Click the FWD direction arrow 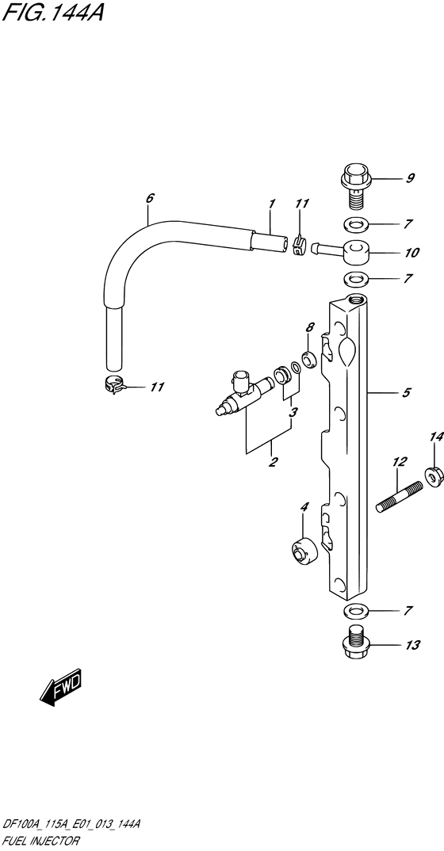[x=61, y=686]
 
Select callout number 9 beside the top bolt [x=411, y=178]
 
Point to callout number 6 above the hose [x=150, y=198]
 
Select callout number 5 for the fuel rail [x=407, y=392]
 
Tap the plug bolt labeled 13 [x=355, y=643]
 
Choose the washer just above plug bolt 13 [x=355, y=611]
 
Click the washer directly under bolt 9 [x=355, y=223]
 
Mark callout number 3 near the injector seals [x=293, y=413]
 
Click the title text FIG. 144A [x=52, y=12]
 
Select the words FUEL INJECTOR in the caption [x=40, y=841]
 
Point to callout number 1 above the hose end [x=271, y=204]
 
